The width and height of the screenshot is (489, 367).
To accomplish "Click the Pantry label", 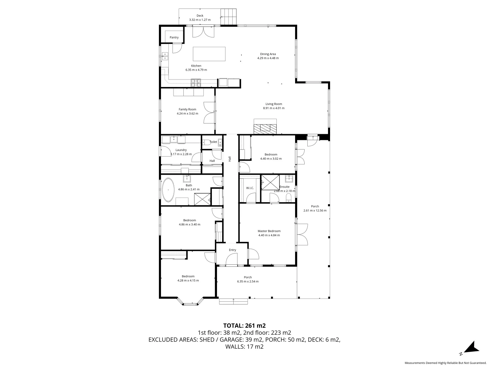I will pos(174,37).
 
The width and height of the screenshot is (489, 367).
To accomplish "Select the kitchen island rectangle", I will pos(209,54).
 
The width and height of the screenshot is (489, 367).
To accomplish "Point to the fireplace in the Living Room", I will pos(265,128).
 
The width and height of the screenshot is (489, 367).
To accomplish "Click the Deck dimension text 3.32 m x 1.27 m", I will pos(200,20).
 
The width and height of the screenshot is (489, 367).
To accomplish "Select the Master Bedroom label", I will pos(269,231).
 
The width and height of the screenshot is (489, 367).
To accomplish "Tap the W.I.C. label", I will pos(250,188).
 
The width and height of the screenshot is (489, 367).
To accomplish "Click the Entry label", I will pos(232,250).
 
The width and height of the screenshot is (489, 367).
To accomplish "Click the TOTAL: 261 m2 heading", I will pos(244,325).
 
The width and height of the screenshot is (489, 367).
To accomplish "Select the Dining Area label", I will pos(268,54).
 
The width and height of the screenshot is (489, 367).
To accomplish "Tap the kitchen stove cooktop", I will pos(196,82).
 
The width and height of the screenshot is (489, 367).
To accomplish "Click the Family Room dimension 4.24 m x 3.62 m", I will pos(187,113).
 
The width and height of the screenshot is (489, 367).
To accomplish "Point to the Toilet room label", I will pos(213,142).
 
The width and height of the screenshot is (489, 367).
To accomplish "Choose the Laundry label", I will pos(181,150).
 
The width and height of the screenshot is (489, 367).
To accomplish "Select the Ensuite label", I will pos(285,187).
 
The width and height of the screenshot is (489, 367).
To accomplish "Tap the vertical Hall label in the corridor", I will pos(230,159).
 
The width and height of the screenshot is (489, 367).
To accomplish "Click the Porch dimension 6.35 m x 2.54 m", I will pos(248,281).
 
